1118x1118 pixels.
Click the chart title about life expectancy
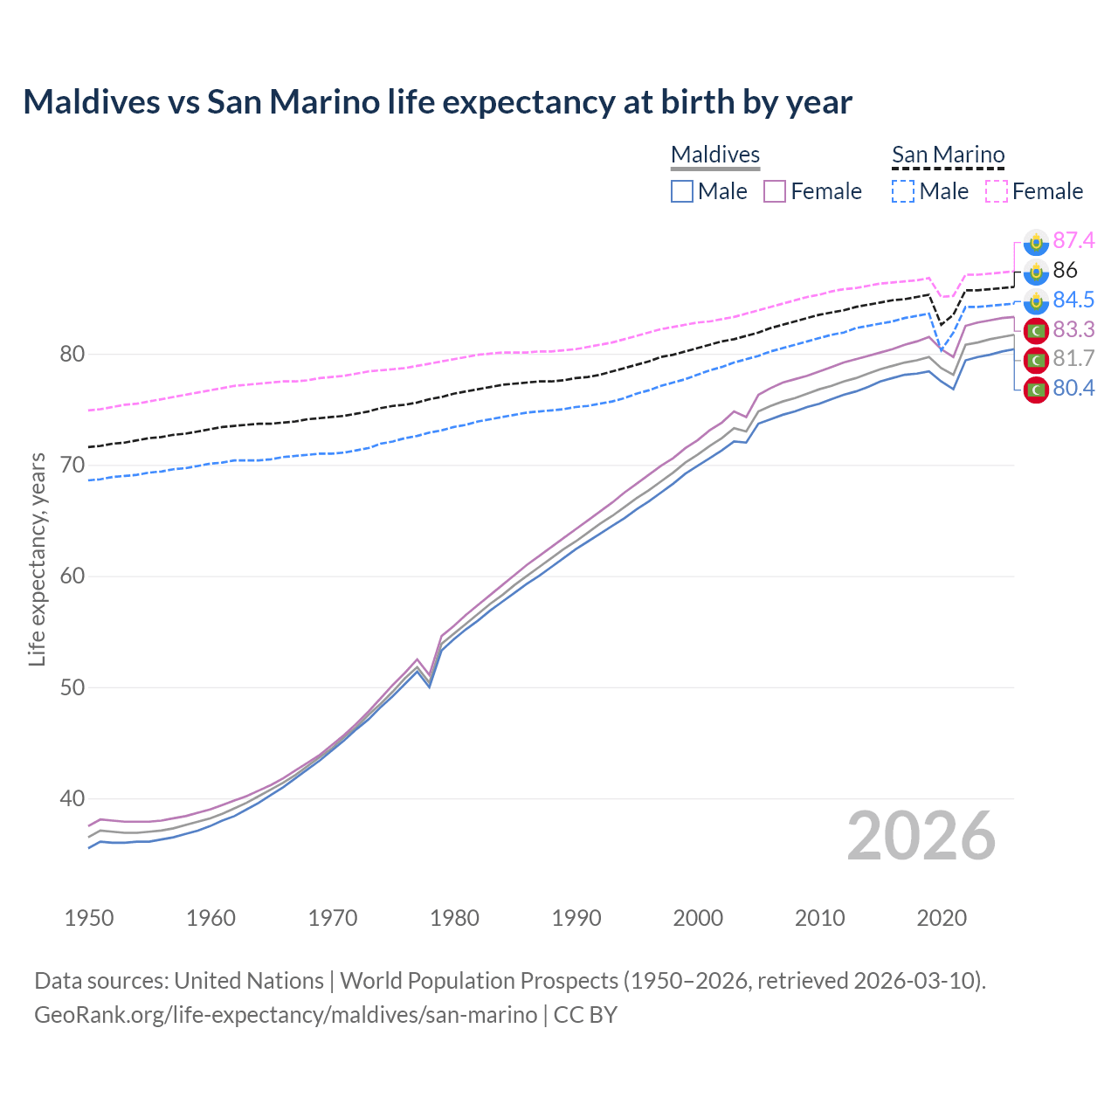(x=437, y=102)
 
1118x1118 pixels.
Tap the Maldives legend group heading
(x=715, y=155)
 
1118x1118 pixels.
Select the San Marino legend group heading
(x=948, y=155)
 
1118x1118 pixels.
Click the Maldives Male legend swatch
(x=682, y=191)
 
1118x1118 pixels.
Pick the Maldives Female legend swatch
(x=775, y=191)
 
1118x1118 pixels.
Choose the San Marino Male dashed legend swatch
(x=903, y=191)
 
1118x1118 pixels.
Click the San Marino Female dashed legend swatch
(x=997, y=191)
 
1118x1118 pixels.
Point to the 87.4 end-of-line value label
(x=1073, y=240)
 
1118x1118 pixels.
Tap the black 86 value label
(x=1065, y=270)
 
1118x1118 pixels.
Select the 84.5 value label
(x=1073, y=300)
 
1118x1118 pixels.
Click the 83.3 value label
(x=1073, y=329)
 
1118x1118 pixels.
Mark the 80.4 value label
(x=1073, y=388)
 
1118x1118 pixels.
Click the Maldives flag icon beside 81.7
(x=1036, y=359)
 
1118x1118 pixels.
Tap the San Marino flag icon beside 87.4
(x=1036, y=241)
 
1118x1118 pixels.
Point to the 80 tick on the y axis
(x=72, y=354)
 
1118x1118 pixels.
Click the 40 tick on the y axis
(x=72, y=798)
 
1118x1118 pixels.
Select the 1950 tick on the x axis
(x=89, y=918)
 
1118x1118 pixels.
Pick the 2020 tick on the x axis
(x=942, y=918)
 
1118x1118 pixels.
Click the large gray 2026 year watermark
(x=921, y=836)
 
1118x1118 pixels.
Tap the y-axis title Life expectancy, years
(x=37, y=559)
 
